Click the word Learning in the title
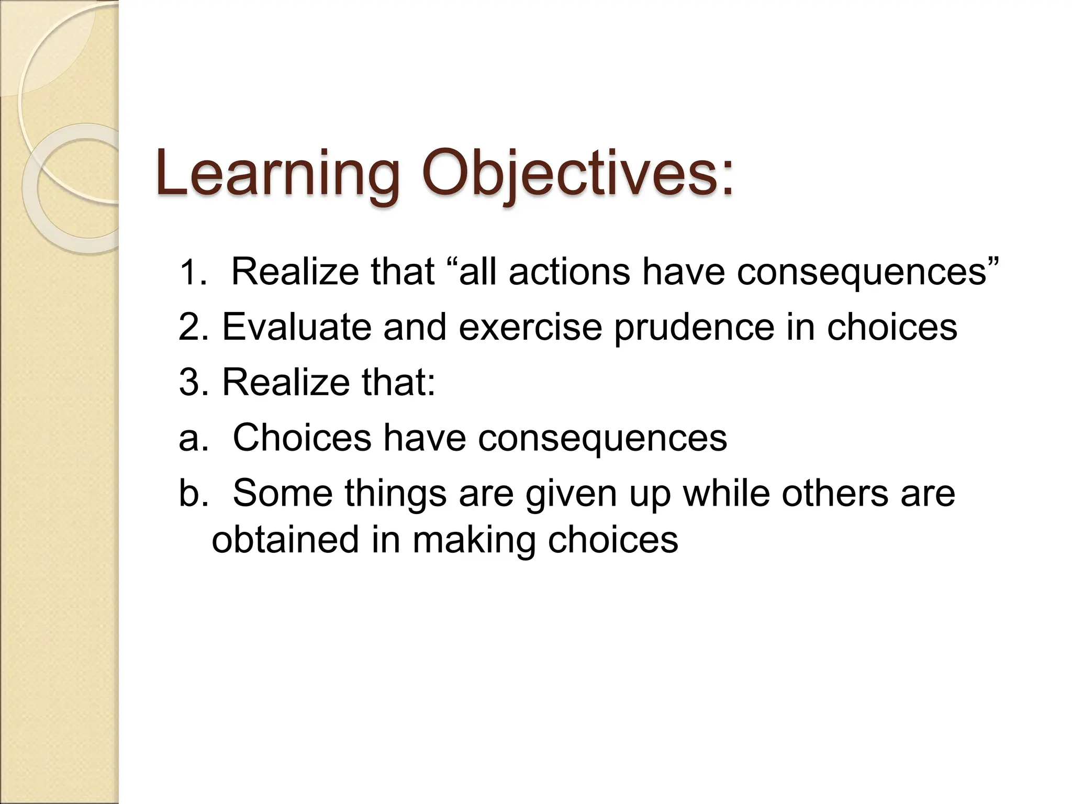coord(277,174)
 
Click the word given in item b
coord(571,495)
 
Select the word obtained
coord(285,540)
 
